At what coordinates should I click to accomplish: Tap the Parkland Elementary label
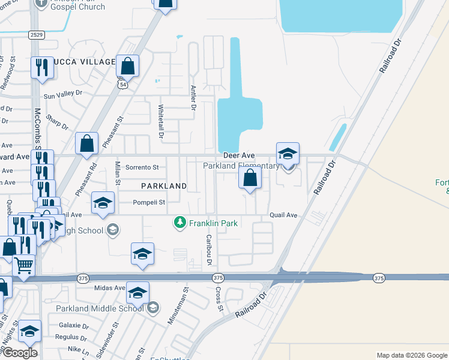coord(241,166)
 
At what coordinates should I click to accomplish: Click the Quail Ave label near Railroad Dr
coord(283,215)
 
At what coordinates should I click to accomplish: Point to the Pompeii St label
coord(149,203)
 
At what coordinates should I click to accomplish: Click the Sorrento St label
coord(142,167)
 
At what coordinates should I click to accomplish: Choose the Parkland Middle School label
coord(100,308)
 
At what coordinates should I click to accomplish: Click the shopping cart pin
coord(23,264)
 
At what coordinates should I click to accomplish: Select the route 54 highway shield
coord(122,85)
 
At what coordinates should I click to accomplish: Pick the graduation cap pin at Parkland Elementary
coord(288,154)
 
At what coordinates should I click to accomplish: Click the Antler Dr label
coord(193,97)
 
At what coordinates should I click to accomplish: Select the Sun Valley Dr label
coord(62,94)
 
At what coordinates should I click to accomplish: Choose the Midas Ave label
coord(109,288)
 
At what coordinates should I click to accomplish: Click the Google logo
coord(20,353)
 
